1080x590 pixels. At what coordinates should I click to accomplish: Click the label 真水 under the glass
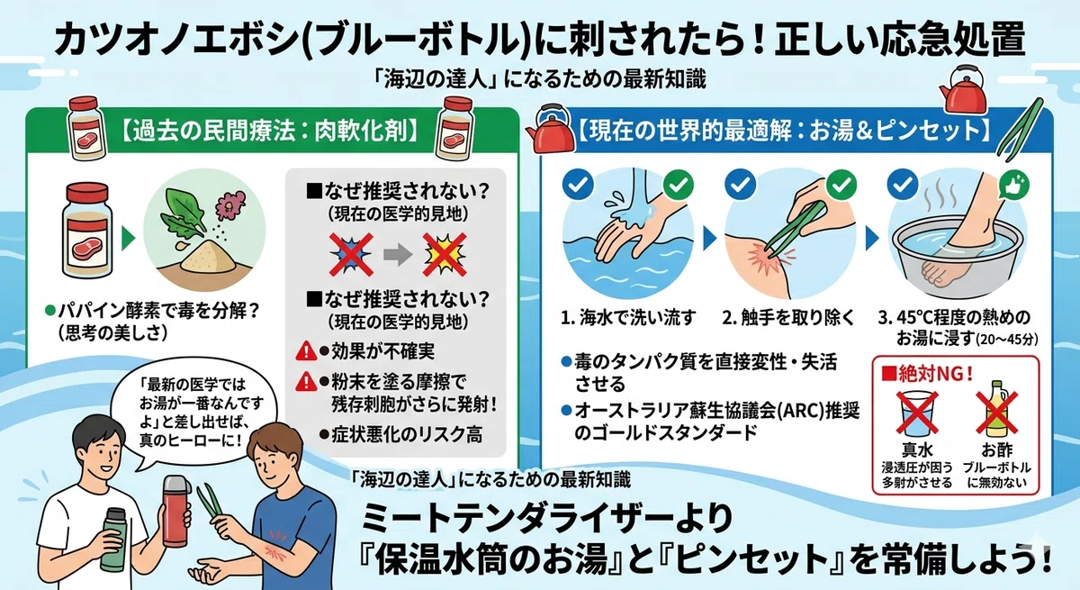pos(917,450)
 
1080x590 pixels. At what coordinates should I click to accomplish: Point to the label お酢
pos(997,450)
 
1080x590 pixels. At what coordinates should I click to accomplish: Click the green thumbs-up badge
pos(1014,185)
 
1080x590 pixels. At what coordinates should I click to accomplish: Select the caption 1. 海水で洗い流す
pos(629,318)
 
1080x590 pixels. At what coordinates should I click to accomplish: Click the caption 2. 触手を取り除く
pos(788,318)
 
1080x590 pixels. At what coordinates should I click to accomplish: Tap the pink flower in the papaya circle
pos(230,204)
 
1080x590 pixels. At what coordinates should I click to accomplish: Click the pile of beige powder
pos(210,259)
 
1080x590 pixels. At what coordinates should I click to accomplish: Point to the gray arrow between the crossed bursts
pos(397,255)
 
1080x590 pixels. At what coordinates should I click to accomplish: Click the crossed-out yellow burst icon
pos(445,254)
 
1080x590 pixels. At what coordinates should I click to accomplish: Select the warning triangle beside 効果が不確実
pos(306,350)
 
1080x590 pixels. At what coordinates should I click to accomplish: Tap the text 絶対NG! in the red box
pos(927,374)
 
